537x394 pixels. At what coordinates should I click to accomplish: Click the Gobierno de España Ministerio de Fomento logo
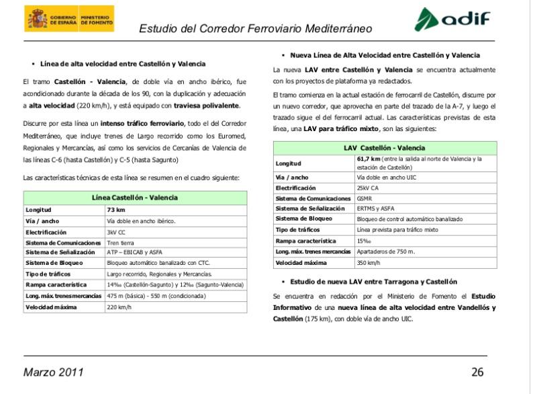(69, 19)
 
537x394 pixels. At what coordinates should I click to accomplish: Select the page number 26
(477, 372)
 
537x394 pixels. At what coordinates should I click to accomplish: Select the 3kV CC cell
(117, 231)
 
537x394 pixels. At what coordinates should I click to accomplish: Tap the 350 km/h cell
(369, 262)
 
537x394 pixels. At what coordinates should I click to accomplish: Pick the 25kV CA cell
(369, 189)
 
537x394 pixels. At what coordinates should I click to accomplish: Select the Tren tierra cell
(121, 242)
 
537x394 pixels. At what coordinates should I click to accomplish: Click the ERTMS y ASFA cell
(375, 210)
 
